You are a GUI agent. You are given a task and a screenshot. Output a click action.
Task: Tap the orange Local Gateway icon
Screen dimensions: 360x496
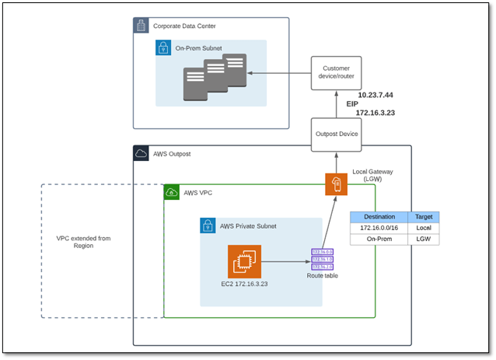click(337, 186)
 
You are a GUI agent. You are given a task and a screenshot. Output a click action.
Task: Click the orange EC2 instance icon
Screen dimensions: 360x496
click(244, 261)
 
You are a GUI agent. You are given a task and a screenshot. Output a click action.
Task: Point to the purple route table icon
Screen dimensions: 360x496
click(322, 260)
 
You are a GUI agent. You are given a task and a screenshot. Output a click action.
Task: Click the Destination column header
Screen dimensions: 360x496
click(380, 217)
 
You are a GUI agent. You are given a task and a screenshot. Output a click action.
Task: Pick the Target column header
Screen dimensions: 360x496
click(424, 217)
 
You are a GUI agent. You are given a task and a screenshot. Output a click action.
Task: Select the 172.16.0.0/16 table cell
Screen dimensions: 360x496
click(380, 229)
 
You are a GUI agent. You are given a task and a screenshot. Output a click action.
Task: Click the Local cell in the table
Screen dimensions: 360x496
click(424, 229)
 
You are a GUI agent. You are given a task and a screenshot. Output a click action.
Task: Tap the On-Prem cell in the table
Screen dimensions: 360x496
click(380, 240)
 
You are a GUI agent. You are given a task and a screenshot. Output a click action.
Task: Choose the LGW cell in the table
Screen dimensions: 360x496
click(424, 240)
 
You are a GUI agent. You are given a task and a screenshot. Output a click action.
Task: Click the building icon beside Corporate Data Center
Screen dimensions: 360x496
click(141, 26)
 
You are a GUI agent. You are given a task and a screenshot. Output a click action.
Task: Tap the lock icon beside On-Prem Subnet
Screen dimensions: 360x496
click(163, 48)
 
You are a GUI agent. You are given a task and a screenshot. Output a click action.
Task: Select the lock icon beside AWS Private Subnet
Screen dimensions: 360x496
click(208, 226)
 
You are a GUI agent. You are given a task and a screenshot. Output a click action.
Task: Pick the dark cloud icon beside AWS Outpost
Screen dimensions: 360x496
click(141, 153)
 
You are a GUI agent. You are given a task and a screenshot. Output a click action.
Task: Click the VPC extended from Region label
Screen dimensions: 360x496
click(83, 241)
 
